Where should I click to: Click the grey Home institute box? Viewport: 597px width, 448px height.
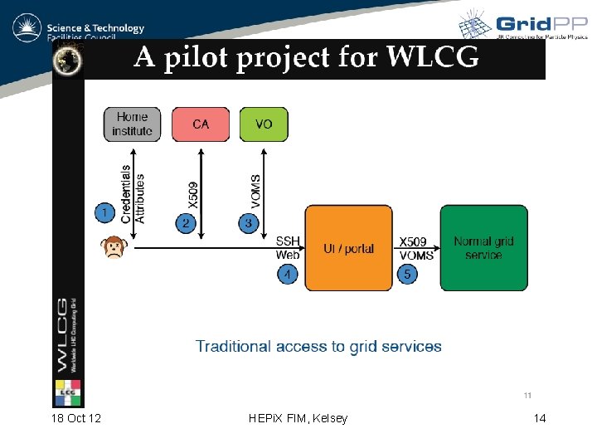coord(133,124)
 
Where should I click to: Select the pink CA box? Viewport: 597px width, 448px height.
coord(201,124)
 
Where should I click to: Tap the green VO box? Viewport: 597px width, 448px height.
coord(264,124)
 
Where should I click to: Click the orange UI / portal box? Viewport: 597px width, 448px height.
coord(348,248)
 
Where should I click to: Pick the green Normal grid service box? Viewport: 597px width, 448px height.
coord(483,248)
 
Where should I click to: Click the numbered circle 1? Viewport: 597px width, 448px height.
coord(104,213)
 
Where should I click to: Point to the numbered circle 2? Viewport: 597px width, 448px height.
coord(187,223)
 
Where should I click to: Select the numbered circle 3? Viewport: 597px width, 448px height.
coord(248,223)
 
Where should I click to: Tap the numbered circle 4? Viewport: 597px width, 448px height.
coord(287,273)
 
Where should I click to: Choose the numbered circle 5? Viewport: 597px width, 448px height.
coord(406,273)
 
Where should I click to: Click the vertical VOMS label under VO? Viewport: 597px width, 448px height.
coord(255,191)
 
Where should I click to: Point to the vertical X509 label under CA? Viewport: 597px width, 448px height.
coord(193,194)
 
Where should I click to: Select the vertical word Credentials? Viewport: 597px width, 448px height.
coord(126,193)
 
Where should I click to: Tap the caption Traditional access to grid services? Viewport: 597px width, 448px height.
coord(318,346)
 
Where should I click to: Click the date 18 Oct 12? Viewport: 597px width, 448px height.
coord(76,418)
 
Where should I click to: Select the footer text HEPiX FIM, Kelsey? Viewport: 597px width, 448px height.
coord(298,418)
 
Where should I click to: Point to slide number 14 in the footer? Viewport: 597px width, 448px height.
coord(540,418)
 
